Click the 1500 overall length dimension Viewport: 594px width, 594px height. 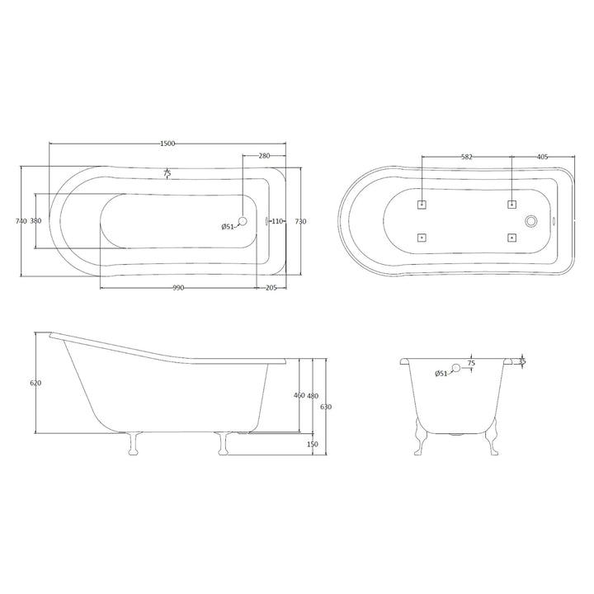[167, 144]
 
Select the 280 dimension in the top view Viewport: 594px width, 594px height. [264, 156]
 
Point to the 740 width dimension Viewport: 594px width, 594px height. [21, 221]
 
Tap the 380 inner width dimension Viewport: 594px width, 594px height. [35, 221]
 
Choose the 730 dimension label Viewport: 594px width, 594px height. [300, 221]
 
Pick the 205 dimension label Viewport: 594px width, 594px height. [270, 287]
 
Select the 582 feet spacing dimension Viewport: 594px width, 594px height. [467, 156]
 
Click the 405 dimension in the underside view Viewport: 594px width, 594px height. [542, 156]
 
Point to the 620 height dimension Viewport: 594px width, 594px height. [35, 384]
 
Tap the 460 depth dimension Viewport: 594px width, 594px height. [299, 396]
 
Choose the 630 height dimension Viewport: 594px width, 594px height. [326, 407]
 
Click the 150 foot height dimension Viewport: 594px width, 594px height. [313, 445]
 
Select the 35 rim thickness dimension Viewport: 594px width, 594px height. [521, 361]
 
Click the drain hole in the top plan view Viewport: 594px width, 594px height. [242, 221]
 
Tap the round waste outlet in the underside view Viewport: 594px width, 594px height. [531, 220]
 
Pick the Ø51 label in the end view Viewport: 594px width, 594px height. [441, 375]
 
